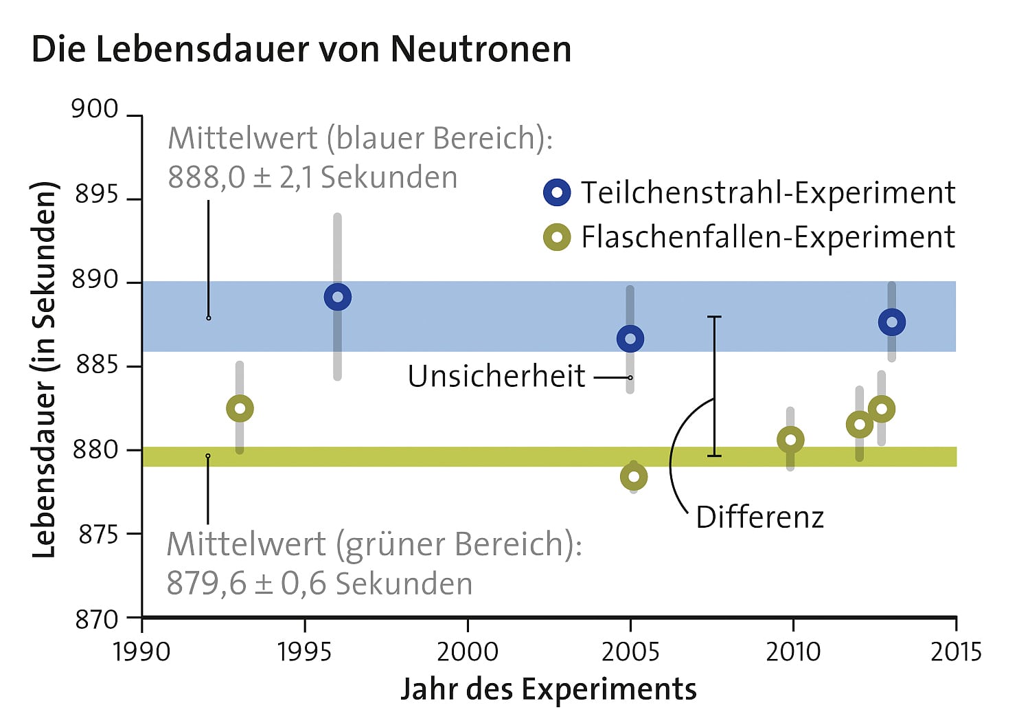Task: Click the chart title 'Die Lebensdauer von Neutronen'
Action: coord(301,49)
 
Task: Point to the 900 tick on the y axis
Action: coord(95,109)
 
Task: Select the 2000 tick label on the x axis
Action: coord(467,651)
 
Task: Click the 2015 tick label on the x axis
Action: coord(956,651)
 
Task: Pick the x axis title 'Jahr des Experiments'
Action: coord(548,689)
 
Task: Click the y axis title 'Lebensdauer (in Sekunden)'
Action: coord(44,369)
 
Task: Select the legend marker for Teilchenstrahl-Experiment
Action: coord(557,192)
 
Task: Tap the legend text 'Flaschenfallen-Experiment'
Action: coord(768,238)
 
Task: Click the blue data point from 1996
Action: coord(337,298)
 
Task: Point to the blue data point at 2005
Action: coord(630,339)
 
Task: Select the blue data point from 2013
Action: coord(892,322)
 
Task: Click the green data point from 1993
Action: coord(240,409)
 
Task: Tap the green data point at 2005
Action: coord(634,477)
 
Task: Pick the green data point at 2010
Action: coord(790,440)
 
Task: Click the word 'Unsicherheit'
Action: coord(496,377)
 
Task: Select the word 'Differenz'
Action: coord(759,517)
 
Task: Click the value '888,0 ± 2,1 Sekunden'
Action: coord(312,178)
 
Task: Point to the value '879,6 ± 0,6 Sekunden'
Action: coord(319,584)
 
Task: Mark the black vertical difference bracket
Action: coord(714,386)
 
